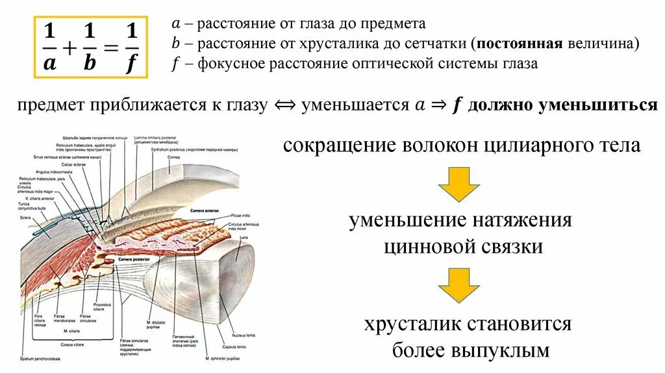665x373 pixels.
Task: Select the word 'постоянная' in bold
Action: point(517,44)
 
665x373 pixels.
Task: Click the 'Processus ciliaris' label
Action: point(102,306)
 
